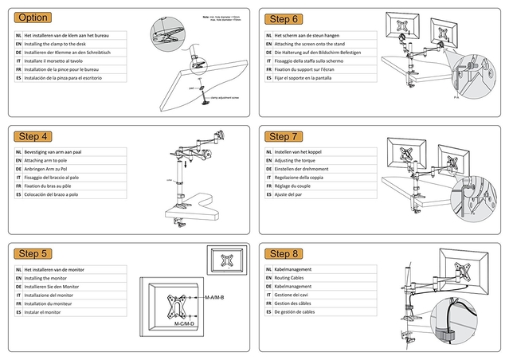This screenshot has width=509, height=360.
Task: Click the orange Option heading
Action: pos(33,18)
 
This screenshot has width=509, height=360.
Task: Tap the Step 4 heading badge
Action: pos(33,136)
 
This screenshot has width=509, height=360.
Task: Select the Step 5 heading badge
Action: pos(33,254)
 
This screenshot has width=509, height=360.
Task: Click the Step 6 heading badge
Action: pos(284,19)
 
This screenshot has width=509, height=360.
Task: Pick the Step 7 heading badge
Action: pos(284,137)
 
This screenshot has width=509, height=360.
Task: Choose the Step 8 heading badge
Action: pos(284,254)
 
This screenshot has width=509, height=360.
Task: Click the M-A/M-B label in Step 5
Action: pos(214,298)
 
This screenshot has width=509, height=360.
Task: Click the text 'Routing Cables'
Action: pos(292,278)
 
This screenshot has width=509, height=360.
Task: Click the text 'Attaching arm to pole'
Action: pos(50,161)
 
